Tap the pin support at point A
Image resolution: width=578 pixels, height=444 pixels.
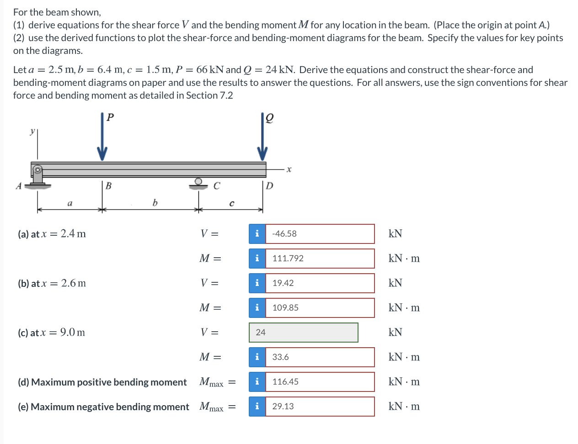point(37,176)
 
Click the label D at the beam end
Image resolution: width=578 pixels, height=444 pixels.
point(270,186)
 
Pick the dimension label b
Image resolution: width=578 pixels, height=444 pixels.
point(155,202)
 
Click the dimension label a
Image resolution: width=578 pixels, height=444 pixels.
point(70,202)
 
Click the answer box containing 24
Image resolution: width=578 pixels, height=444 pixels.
point(304,333)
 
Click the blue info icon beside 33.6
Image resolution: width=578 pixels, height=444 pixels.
point(257,357)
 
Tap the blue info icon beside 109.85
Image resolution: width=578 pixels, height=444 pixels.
point(257,308)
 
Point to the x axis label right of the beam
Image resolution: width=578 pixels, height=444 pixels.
point(289,170)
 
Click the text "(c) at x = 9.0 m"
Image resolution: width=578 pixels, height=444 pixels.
point(52,333)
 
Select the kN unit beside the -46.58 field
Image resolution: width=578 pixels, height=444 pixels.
point(395,234)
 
